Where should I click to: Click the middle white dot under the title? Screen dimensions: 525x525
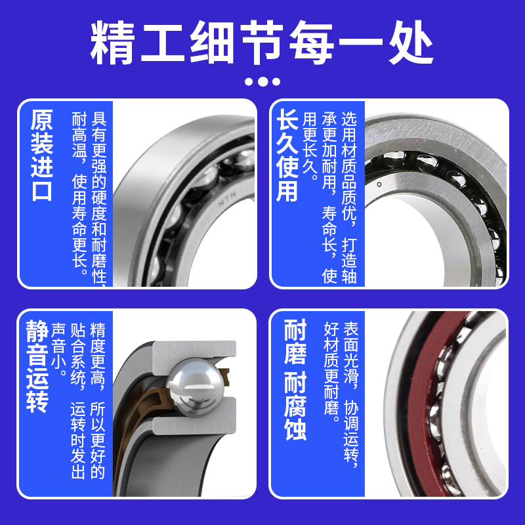(x=262, y=81)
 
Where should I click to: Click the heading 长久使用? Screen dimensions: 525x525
(x=287, y=155)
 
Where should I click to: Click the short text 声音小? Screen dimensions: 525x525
(x=59, y=349)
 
